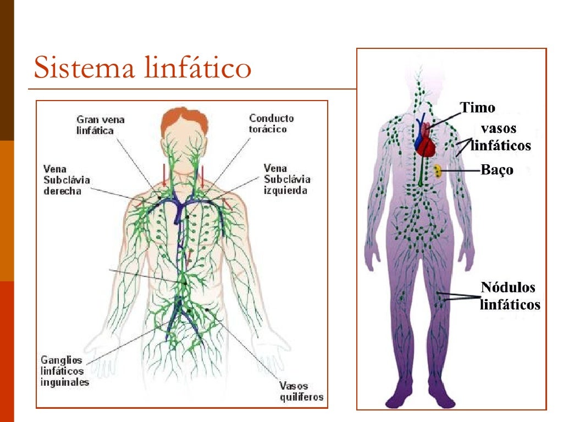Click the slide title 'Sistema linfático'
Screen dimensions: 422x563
pos(142,69)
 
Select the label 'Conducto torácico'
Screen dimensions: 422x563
pos(272,124)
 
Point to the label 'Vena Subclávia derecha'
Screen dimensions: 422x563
pos(67,179)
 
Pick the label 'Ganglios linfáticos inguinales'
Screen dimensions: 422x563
pos(65,371)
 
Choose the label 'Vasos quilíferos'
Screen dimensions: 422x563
pos(301,391)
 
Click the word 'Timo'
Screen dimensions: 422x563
pos(477,108)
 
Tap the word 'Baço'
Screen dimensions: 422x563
pos(497,170)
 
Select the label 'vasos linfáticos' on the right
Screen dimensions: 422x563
pos(501,137)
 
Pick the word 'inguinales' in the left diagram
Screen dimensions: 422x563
pos(64,382)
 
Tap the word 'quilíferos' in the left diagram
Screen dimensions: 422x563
pos(301,397)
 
